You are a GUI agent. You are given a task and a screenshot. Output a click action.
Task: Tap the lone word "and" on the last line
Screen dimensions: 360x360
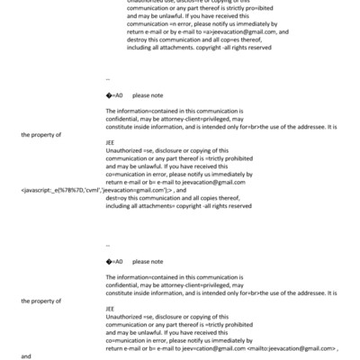[x=26, y=356]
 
